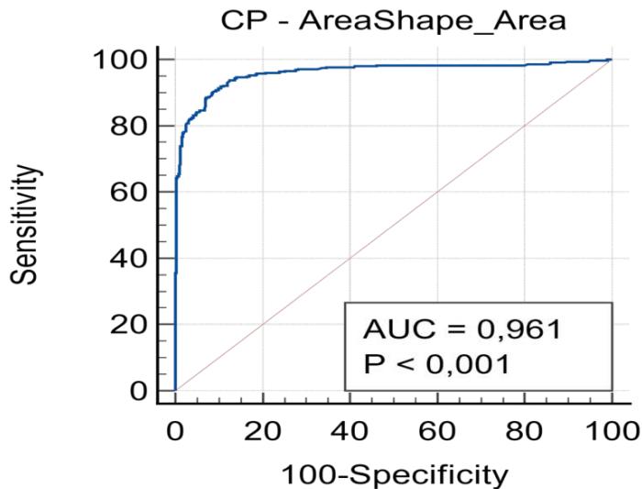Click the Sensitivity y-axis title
click(x=31, y=225)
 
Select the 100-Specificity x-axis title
click(x=393, y=474)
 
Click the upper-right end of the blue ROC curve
click(x=610, y=60)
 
